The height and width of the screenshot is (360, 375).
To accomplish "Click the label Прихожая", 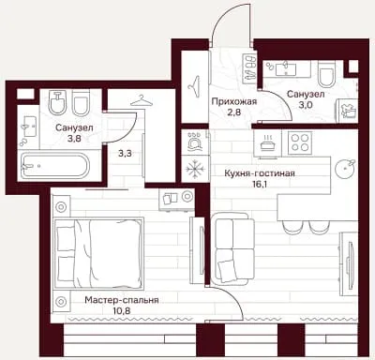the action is coord(234,101).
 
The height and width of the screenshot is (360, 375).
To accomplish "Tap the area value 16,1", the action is coord(260,184).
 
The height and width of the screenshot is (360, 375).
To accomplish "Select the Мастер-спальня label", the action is coord(122,300).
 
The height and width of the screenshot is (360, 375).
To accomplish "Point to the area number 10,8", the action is coord(122,310).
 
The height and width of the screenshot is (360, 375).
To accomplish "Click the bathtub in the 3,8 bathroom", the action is coord(55,166).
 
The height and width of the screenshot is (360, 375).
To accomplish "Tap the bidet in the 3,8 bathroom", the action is coord(56,103).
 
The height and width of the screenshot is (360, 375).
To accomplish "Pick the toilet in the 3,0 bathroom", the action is coord(326,75).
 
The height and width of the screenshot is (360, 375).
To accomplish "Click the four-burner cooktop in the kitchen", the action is coord(300,142).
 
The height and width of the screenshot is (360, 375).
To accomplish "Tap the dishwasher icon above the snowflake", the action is coord(195,142).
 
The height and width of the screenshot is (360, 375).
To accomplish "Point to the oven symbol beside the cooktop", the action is coord(268,142).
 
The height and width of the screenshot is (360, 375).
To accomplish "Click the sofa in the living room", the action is coord(234,250).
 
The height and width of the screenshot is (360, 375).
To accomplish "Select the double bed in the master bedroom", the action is coord(97,253).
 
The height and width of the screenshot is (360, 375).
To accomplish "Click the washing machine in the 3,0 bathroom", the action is coord(347,109).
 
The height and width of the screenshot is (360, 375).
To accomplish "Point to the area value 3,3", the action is coord(125,154).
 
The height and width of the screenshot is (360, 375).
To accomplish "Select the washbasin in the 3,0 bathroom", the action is coord(285,68).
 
